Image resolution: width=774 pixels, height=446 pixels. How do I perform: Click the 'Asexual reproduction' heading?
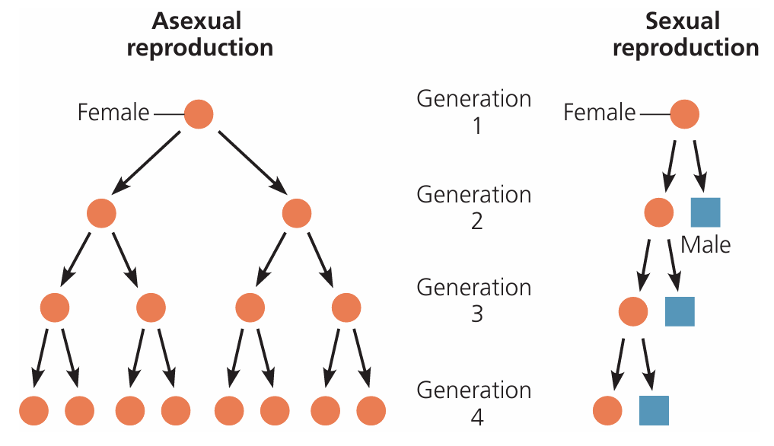coord(199,34)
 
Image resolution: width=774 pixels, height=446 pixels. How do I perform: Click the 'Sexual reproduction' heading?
coord(685,34)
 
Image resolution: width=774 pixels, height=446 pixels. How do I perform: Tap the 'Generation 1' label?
coord(473,111)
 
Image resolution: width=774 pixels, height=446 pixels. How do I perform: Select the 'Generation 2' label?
coord(473,207)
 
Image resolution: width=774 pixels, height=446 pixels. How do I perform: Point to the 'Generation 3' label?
coord(473,300)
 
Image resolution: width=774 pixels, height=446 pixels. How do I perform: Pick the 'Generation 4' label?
coord(473,403)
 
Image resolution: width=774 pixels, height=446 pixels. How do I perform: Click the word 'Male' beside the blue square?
coord(705,245)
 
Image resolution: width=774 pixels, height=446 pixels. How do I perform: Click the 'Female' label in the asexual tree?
coord(113,113)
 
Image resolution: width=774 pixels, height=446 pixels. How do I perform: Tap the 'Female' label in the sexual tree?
coord(599,113)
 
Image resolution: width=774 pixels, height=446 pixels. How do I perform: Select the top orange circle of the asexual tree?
coord(199,113)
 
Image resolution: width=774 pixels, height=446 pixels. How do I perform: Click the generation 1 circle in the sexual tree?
coord(684,113)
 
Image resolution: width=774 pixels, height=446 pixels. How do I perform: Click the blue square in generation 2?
coord(705,212)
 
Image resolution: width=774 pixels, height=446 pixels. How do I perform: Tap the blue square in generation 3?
coord(680,311)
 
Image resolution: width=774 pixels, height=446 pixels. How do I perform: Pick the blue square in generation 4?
coord(654,410)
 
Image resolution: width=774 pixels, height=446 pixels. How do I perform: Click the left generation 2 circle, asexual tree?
coord(101,213)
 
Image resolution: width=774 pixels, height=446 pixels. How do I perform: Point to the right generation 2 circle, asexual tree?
coord(296,213)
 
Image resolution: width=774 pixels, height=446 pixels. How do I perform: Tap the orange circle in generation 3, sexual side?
coord(632,311)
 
